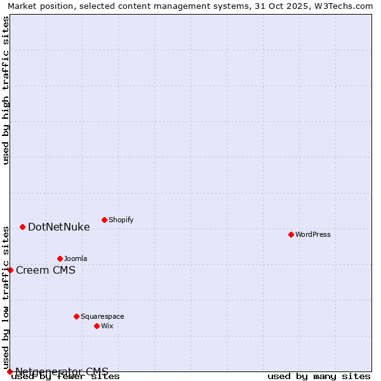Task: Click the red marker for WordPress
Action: [291, 234]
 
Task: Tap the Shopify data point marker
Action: [104, 220]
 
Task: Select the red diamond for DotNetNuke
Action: [22, 227]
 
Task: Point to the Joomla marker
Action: [60, 258]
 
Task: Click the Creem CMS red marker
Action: [10, 270]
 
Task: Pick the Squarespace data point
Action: [76, 316]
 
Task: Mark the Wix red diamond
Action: [97, 326]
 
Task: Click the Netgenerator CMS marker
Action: [10, 371]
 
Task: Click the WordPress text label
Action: [313, 234]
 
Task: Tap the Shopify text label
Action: [121, 220]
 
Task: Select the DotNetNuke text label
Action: [59, 227]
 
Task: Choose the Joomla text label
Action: [76, 258]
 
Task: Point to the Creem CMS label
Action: [46, 270]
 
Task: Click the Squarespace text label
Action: [102, 316]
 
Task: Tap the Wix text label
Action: [107, 326]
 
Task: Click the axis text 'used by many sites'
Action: [319, 377]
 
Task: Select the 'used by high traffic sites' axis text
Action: [6, 90]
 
